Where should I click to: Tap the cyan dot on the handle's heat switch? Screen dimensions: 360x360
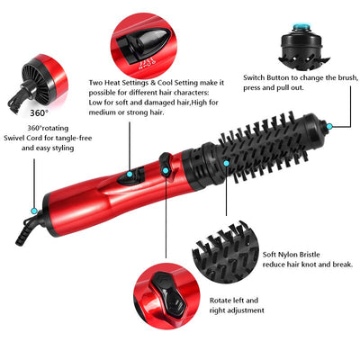point(131,175)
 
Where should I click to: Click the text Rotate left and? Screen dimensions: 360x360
point(233,300)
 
